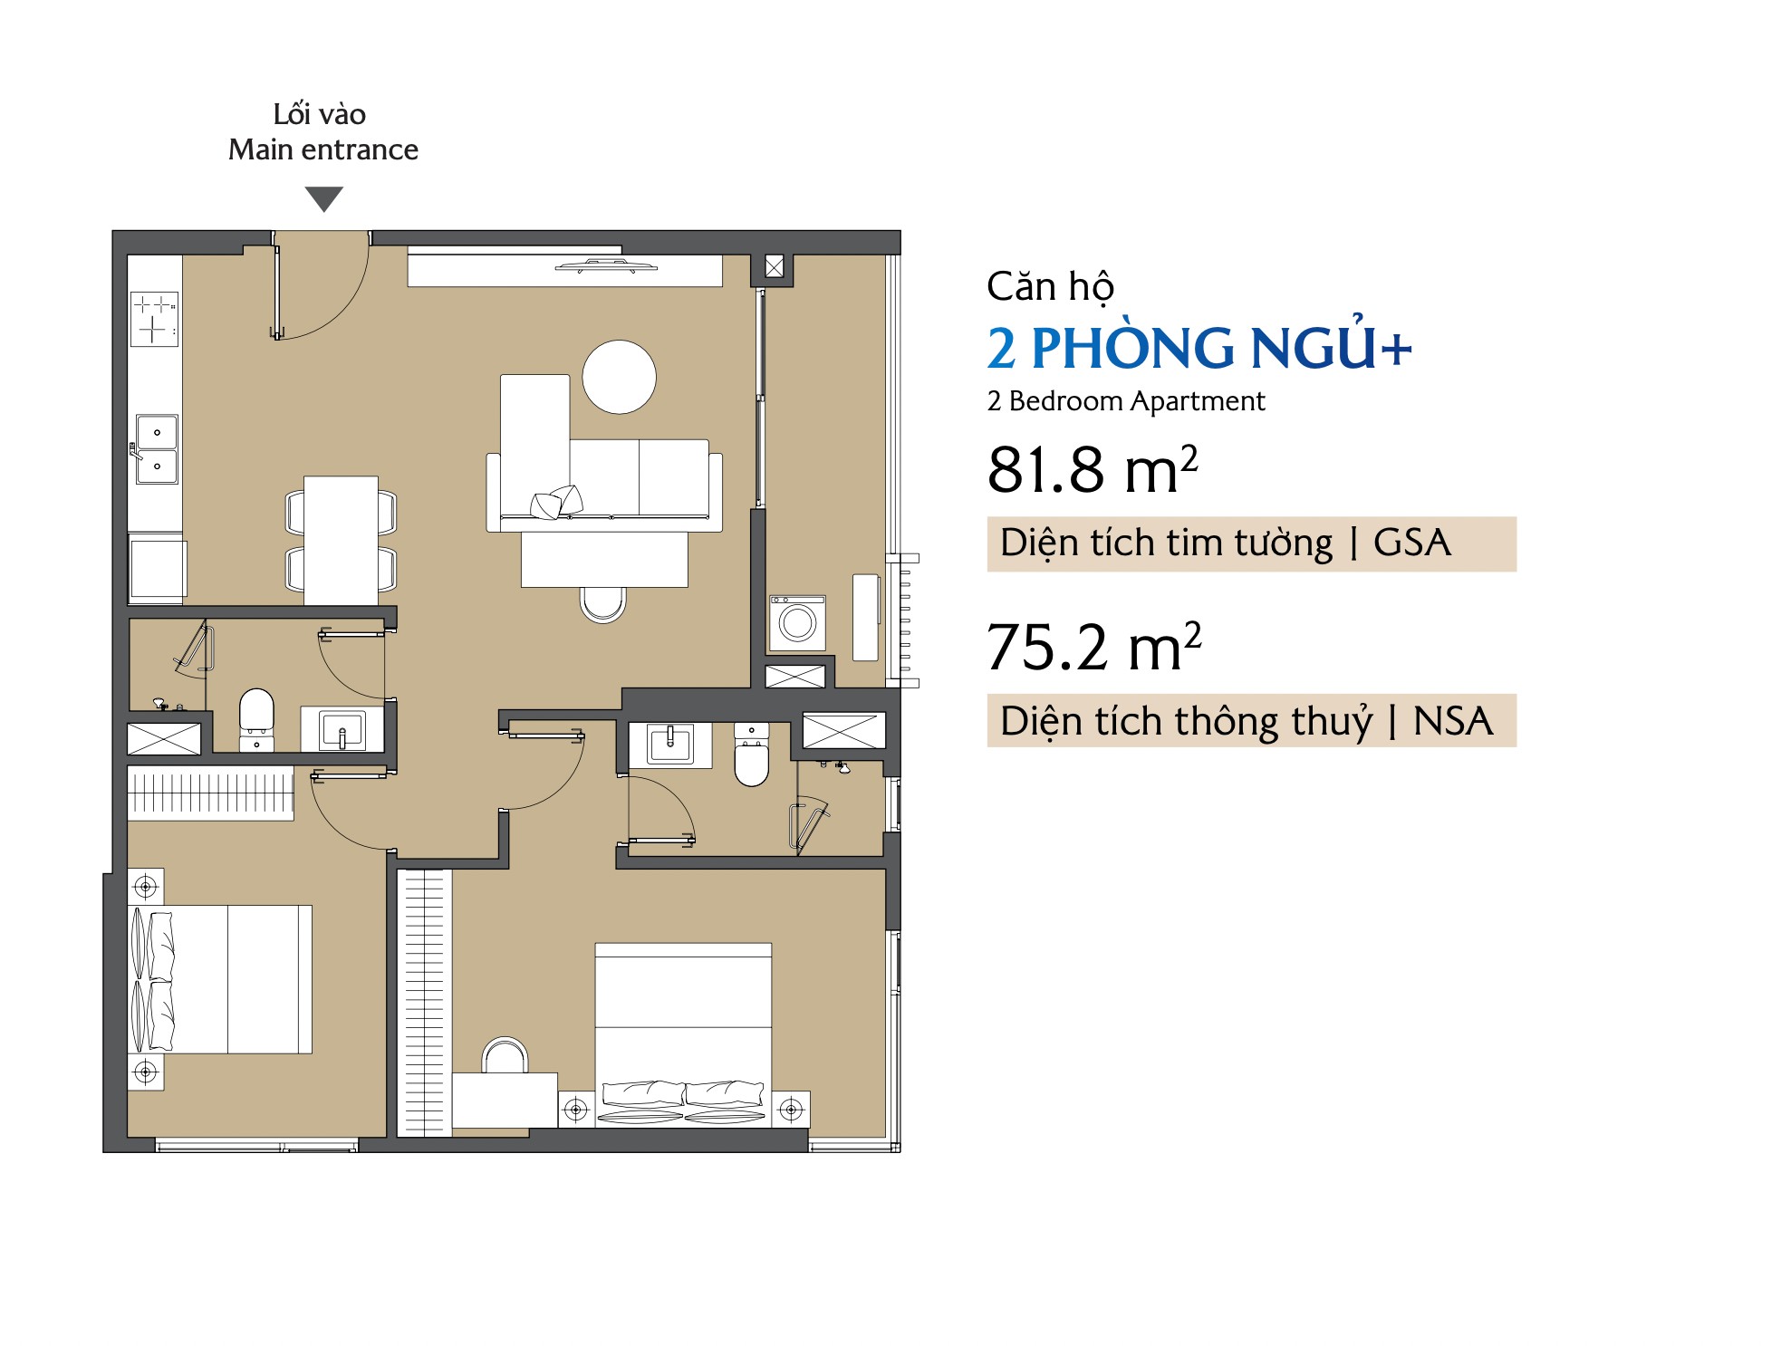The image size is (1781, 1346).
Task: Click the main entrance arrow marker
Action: coord(323,197)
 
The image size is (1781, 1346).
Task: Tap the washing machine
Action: coord(797,622)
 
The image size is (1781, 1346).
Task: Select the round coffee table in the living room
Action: coord(619,377)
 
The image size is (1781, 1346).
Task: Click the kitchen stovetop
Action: coord(155,318)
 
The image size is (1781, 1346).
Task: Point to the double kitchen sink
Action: coord(157,449)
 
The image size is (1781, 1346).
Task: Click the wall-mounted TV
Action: coord(606,266)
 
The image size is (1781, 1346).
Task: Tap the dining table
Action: coord(341,541)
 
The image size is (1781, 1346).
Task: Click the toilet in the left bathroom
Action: coord(256,719)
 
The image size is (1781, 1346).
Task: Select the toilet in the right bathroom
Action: coord(751,754)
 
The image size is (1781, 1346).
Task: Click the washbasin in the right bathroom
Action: coord(670,745)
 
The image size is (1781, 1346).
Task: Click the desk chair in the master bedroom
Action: coord(505,1055)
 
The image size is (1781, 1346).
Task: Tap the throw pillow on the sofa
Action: coord(556,502)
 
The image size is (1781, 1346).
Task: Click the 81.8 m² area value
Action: coord(1093,469)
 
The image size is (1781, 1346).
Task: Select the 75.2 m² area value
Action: coord(1093,647)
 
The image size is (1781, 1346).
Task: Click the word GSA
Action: coord(1411,543)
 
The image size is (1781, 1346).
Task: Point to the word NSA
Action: coord(1453,721)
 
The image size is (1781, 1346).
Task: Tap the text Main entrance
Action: coord(323,149)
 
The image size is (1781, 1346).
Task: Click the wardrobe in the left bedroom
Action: coord(210,793)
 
